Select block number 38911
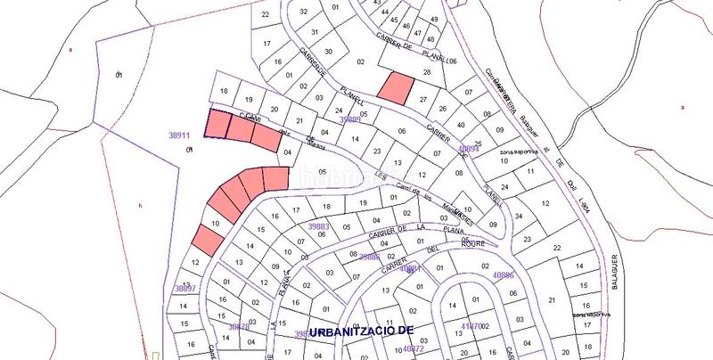click(181, 135)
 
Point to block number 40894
click(469, 149)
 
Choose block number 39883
click(318, 228)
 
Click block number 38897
click(184, 289)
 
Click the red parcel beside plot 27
click(395, 87)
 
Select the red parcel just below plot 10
click(207, 240)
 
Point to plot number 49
click(434, 20)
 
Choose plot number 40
click(459, 125)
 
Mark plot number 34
click(519, 215)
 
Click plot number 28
click(427, 72)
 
